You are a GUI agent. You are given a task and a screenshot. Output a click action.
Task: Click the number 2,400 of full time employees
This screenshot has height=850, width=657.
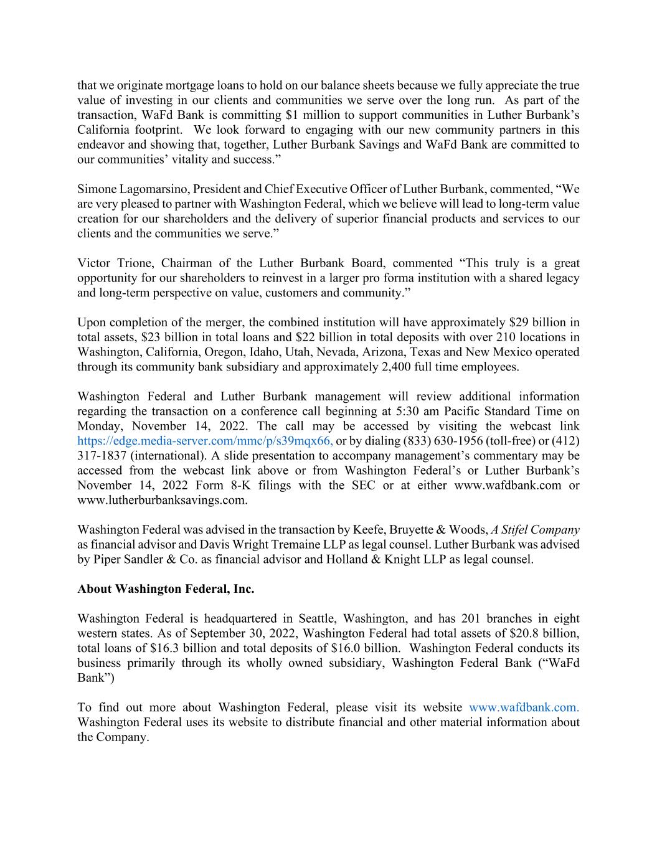tap(388, 367)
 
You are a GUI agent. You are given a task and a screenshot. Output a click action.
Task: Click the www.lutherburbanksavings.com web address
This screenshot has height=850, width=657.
tap(162, 500)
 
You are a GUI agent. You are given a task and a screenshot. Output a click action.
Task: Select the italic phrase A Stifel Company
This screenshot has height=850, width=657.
tap(535, 530)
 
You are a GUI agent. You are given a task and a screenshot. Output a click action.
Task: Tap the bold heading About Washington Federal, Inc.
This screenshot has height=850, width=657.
tap(166, 589)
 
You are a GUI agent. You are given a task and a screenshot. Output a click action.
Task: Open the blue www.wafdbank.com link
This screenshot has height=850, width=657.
tap(524, 708)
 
